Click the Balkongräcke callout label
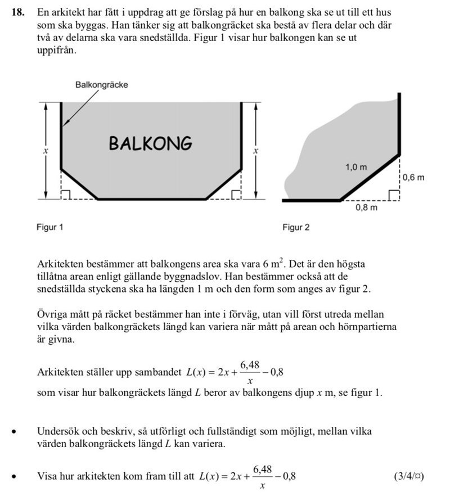[101, 85]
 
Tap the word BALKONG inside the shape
[150, 144]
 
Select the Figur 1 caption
[50, 228]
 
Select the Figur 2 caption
[296, 228]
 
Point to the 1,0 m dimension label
[355, 167]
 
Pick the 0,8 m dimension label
[366, 208]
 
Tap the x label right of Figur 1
[255, 151]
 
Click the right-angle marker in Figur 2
[394, 195]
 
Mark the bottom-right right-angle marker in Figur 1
[235, 195]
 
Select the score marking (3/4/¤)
[409, 476]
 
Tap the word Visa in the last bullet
[47, 476]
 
